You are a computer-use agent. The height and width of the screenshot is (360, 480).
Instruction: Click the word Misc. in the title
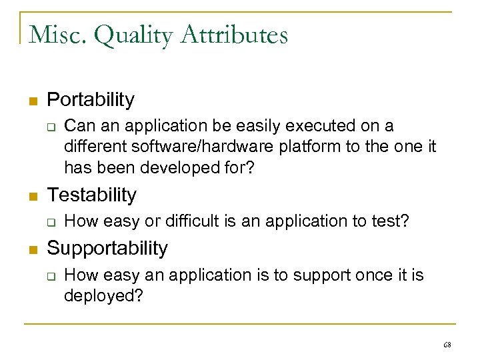point(57,35)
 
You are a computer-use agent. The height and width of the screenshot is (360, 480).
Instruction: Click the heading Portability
point(91,100)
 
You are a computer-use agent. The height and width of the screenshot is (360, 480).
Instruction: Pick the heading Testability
point(91,195)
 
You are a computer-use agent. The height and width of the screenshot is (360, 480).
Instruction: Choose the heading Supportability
point(107,248)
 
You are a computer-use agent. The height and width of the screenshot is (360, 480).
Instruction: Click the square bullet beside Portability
point(31,101)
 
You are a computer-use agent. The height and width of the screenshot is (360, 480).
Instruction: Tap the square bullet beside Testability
point(31,196)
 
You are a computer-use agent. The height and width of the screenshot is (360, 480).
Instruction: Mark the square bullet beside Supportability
point(31,249)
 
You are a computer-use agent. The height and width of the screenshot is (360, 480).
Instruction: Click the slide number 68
point(446,345)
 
